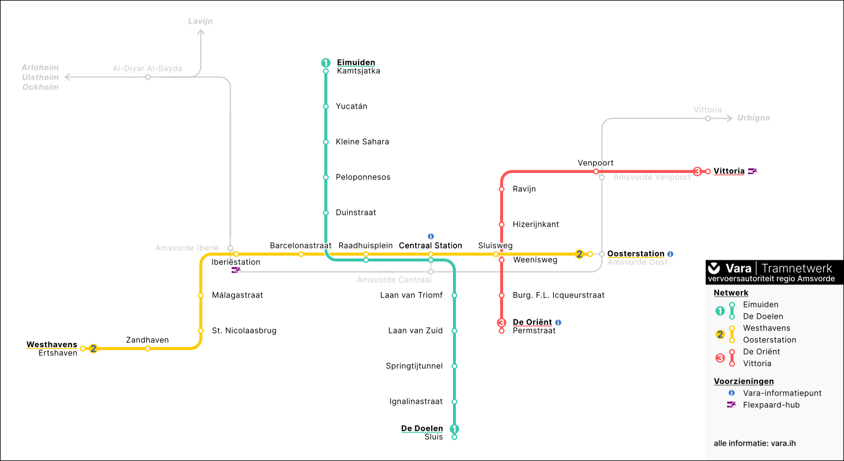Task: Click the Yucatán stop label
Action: pos(352,106)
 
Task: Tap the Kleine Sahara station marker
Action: pos(326,142)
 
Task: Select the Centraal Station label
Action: pos(431,246)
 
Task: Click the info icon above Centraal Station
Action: pos(431,236)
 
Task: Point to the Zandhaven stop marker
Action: pos(147,348)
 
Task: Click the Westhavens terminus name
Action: pos(52,344)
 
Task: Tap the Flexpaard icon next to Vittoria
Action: pos(752,171)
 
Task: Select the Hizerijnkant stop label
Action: pos(536,224)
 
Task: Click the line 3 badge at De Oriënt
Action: pos(501,323)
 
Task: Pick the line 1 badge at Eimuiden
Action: pos(326,63)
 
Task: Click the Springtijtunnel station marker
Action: pos(454,366)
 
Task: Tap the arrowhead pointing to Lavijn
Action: pos(201,32)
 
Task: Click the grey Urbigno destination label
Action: pos(753,118)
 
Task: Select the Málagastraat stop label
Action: pos(237,295)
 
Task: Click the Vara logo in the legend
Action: pos(714,268)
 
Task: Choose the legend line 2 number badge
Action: pos(720,334)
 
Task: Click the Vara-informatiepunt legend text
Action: pos(782,393)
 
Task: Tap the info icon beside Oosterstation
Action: pos(671,254)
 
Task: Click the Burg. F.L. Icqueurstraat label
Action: pos(559,295)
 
